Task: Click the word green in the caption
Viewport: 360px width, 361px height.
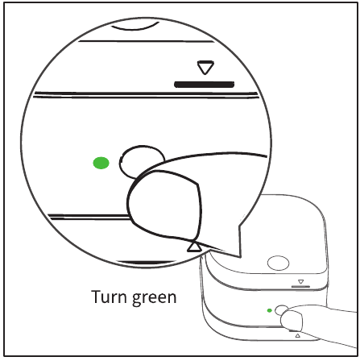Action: (x=155, y=297)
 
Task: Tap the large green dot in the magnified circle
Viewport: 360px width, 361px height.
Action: (x=101, y=164)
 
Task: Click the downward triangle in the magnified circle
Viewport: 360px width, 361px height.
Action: (x=202, y=69)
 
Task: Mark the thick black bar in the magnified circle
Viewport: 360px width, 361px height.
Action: (x=205, y=83)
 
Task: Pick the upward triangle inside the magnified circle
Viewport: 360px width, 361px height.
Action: (x=193, y=246)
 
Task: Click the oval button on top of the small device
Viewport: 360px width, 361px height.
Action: (x=278, y=263)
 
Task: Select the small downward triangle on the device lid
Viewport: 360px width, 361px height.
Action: (x=300, y=282)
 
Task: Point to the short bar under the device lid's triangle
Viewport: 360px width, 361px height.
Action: (x=300, y=288)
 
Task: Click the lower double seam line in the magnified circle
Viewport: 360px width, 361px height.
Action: (x=97, y=216)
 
